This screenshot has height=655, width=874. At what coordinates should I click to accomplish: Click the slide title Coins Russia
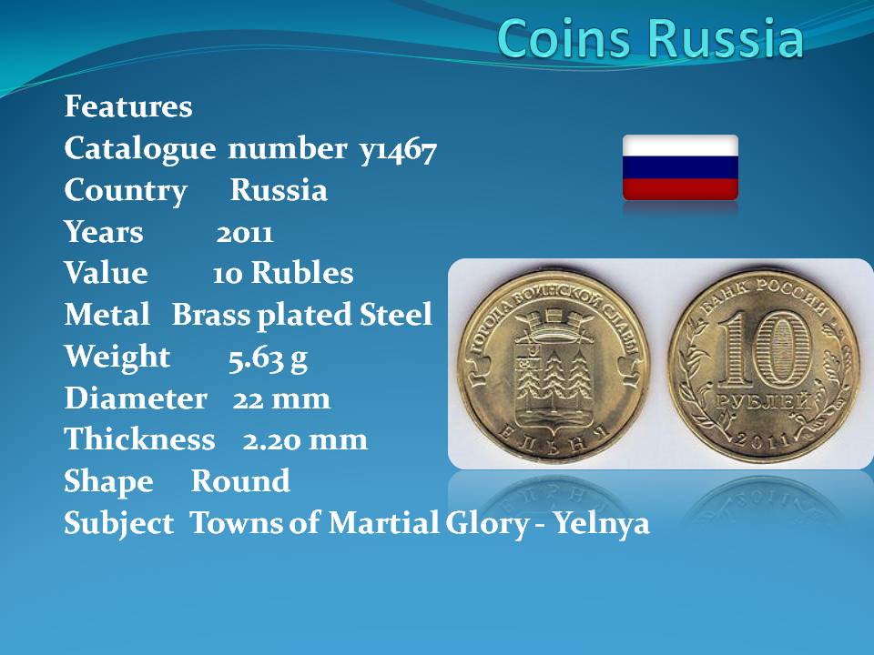[x=650, y=38]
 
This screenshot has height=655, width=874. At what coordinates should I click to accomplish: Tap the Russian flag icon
[x=680, y=167]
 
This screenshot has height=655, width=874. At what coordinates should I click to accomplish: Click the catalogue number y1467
[x=398, y=150]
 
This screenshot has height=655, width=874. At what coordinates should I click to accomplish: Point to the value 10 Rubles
[x=283, y=274]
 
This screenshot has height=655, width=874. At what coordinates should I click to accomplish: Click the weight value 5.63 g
[x=268, y=358]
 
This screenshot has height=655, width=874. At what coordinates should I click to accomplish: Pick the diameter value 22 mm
[x=281, y=399]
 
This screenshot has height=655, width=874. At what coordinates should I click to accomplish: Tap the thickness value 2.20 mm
[x=305, y=440]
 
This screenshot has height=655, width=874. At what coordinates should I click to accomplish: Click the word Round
[x=240, y=481]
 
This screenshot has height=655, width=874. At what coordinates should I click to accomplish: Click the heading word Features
[x=128, y=106]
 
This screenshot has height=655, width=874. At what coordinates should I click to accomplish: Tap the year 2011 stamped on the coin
[x=763, y=438]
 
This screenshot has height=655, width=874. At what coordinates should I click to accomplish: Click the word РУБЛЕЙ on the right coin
[x=764, y=401]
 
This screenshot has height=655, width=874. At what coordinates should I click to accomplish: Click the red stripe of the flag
[x=680, y=189]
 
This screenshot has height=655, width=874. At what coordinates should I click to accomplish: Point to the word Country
[x=126, y=191]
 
